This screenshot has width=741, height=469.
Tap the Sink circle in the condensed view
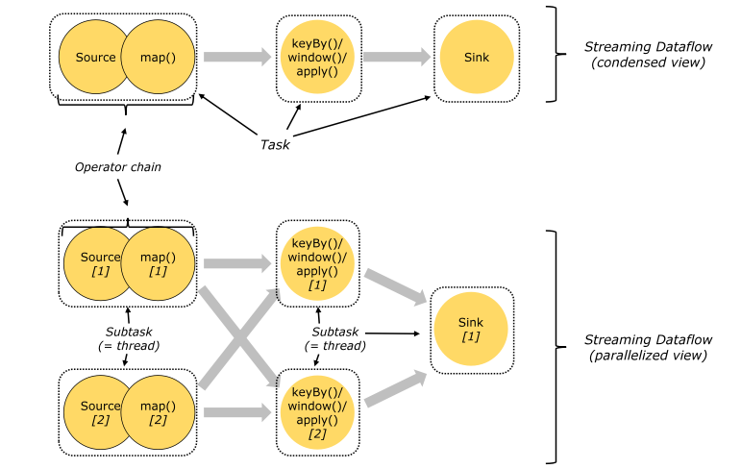pos(477,58)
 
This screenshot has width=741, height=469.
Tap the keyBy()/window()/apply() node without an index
pos(318,58)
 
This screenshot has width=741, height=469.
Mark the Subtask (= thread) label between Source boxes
pos(127,336)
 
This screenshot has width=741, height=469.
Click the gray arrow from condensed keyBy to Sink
pos(397,58)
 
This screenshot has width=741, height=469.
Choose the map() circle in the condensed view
pos(155,58)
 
